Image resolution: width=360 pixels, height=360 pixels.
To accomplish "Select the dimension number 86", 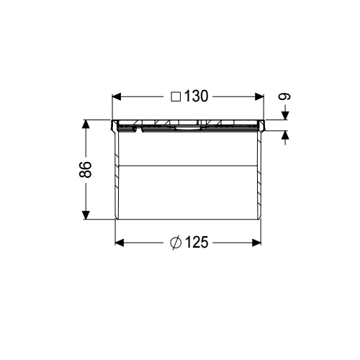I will click(85, 170).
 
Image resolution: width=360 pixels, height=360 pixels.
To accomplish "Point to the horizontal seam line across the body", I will click(186, 166).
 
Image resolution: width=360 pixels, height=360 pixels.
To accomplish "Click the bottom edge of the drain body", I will click(186, 220).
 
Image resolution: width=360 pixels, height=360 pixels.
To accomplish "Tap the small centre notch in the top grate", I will click(186, 130).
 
